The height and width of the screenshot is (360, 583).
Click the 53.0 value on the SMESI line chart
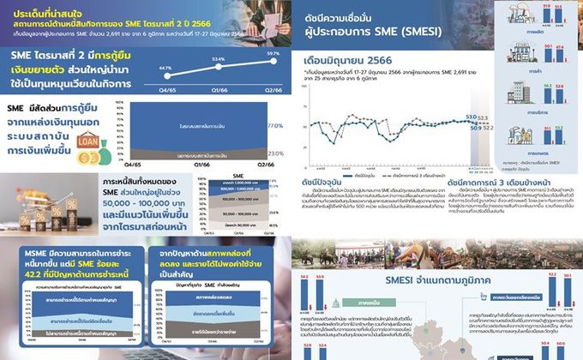point(470,115)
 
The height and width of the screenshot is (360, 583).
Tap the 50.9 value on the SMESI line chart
point(477,127)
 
